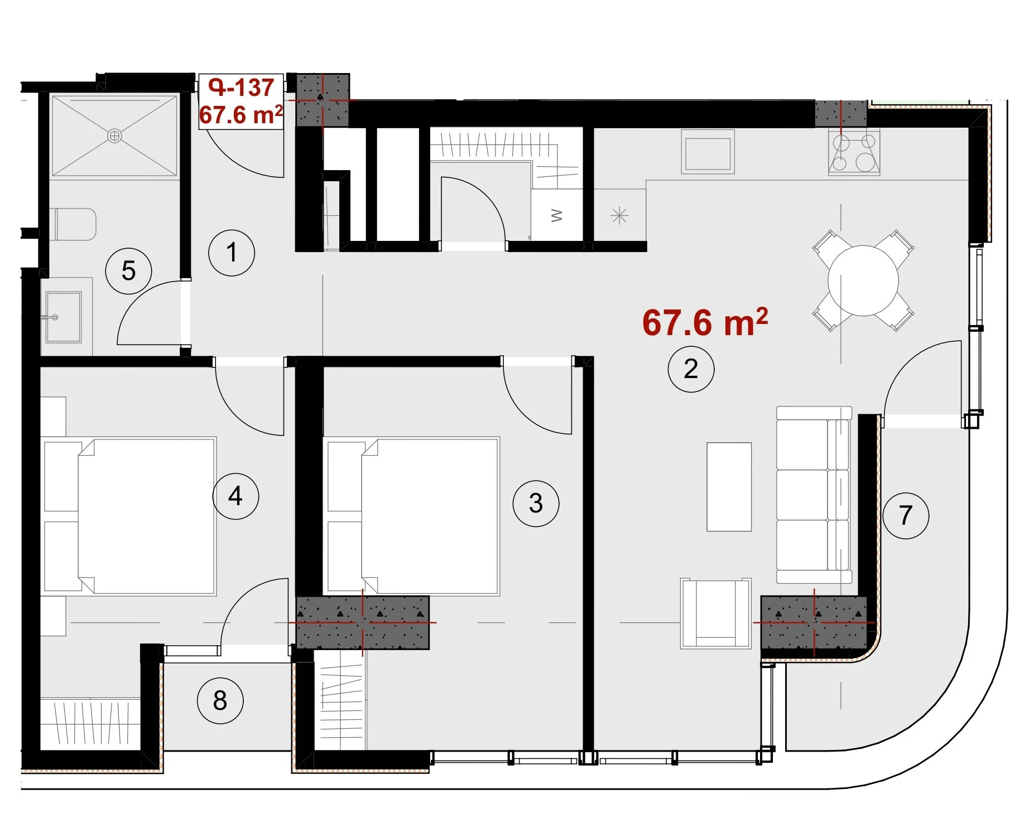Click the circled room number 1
click(232, 253)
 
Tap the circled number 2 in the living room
click(691, 369)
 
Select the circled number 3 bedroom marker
click(536, 504)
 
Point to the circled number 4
click(235, 496)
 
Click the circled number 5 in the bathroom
click(128, 271)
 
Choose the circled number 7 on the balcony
click(906, 515)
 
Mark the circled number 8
click(220, 700)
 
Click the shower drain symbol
click(114, 135)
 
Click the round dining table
click(863, 280)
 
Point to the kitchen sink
click(708, 152)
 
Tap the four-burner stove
click(854, 152)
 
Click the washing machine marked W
click(556, 215)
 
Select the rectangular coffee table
click(729, 487)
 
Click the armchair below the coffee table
click(715, 613)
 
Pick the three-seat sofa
click(814, 495)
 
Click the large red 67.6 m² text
click(705, 322)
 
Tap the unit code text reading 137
click(254, 88)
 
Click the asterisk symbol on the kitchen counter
click(619, 216)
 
